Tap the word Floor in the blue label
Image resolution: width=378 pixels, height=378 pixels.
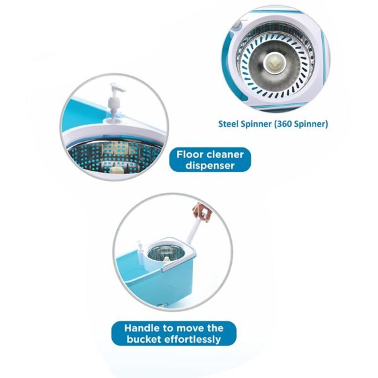point(192,154)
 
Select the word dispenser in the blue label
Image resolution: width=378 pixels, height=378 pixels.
point(210,166)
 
